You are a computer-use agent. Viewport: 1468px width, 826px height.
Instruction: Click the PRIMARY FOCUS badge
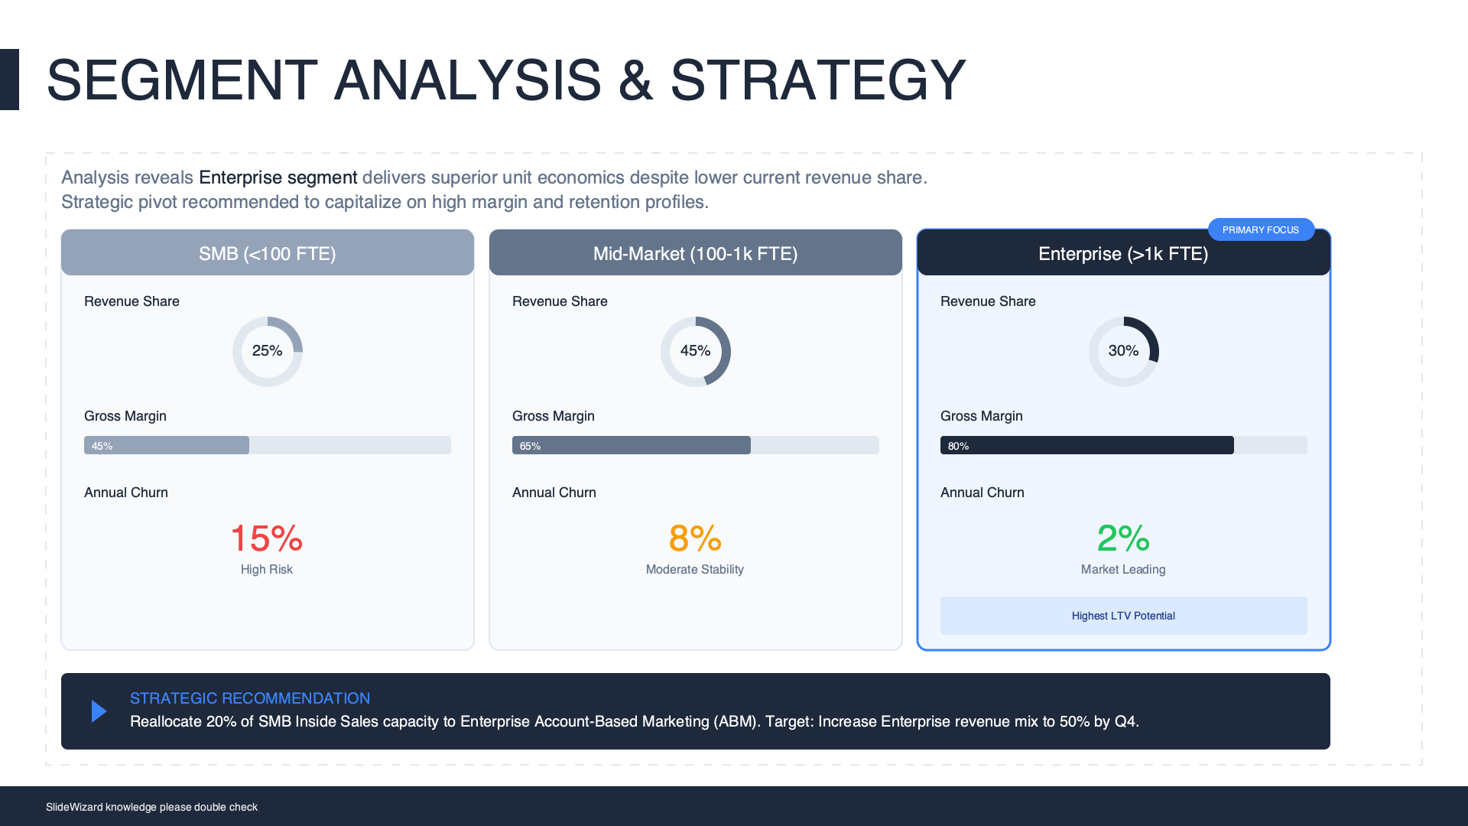coord(1261,229)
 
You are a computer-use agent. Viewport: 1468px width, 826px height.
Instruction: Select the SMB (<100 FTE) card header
coord(268,252)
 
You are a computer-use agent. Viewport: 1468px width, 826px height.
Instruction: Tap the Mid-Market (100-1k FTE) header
coord(696,252)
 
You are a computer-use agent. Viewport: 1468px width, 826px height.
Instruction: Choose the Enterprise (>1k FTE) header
coord(1124,253)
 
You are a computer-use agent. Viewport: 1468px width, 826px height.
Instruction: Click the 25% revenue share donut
coord(297,333)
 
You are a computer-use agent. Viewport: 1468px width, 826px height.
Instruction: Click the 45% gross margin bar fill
coord(167,445)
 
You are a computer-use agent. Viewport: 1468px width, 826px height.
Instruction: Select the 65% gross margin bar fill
coord(632,445)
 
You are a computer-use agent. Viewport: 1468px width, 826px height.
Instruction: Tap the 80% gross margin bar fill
coord(1087,445)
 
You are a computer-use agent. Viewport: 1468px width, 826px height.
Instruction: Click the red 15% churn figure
coord(267,538)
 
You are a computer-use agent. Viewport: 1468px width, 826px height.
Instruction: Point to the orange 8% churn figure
coord(695,538)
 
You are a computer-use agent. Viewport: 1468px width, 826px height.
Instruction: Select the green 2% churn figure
coord(1123,538)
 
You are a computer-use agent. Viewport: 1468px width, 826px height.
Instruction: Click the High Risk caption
coord(267,569)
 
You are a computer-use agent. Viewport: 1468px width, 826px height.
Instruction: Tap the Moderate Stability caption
coord(695,569)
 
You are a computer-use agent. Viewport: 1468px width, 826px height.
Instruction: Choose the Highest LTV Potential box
coord(1124,616)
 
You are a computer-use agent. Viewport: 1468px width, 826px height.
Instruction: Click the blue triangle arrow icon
coord(99,711)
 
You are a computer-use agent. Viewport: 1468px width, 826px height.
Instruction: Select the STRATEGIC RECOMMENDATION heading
coord(250,698)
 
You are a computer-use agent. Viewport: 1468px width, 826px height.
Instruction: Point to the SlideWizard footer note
coord(151,807)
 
